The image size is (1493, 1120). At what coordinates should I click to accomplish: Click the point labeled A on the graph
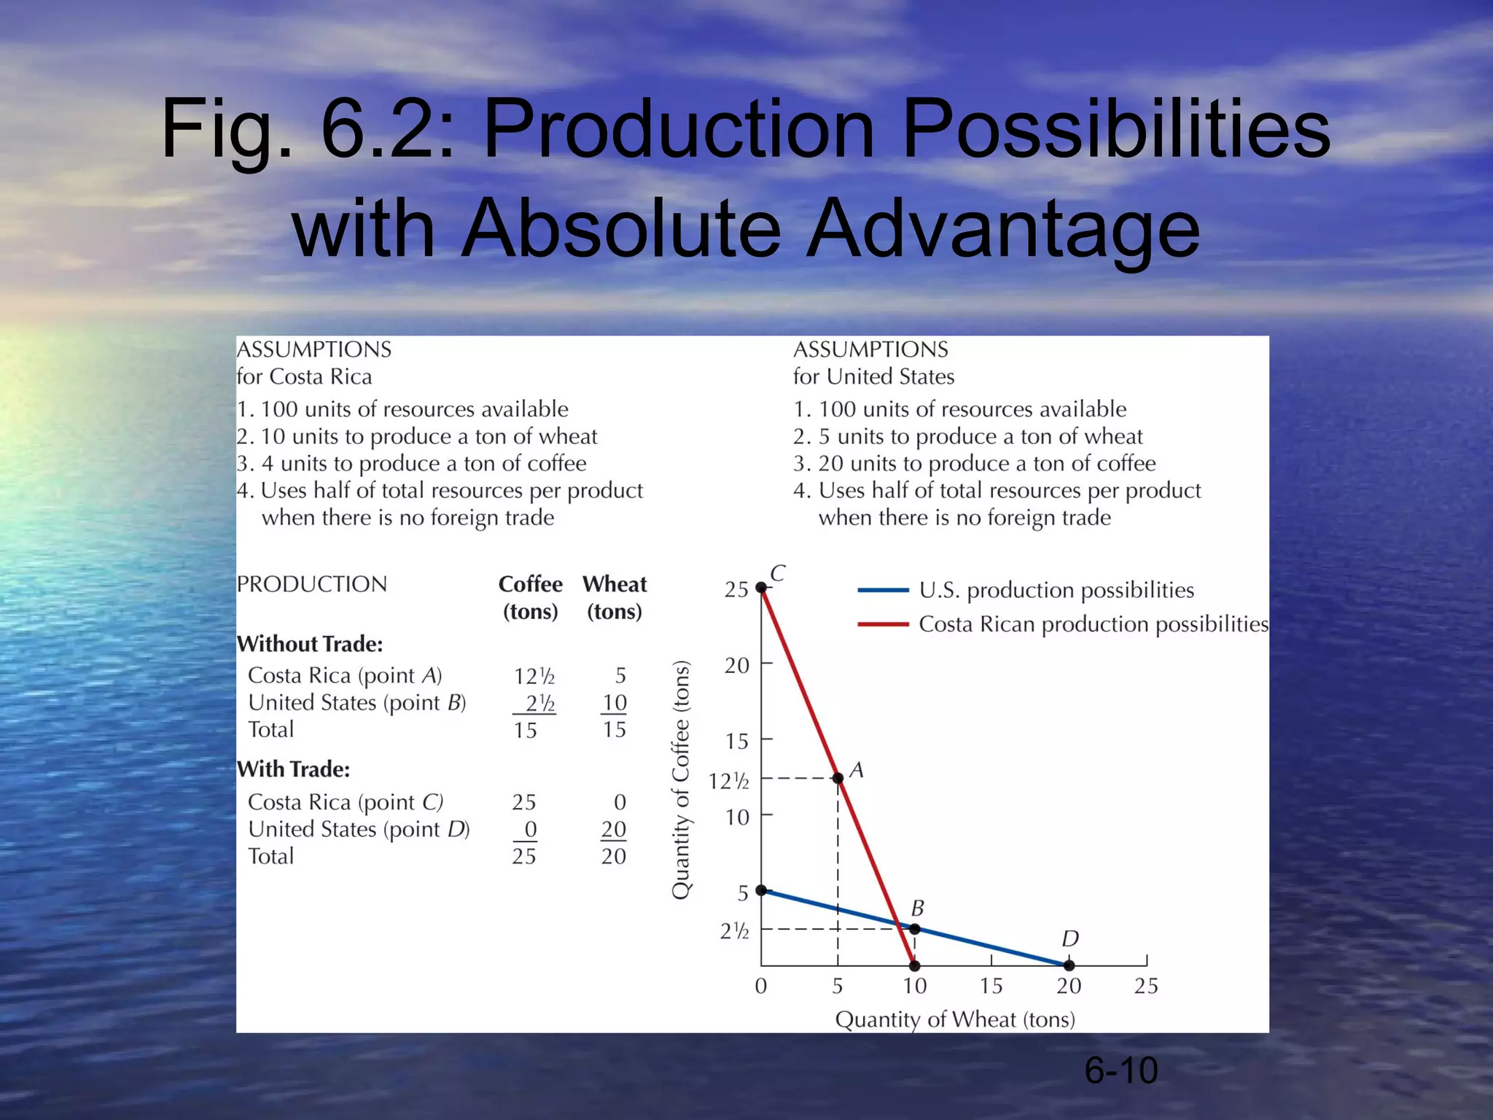point(838,778)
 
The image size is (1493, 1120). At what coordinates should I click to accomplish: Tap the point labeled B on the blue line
point(914,929)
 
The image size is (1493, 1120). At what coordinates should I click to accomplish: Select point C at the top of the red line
point(761,587)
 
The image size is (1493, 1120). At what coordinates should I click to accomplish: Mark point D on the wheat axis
point(1069,965)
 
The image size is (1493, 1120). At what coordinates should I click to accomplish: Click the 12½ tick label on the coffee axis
point(728,782)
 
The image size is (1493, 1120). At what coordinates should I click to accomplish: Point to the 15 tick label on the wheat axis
point(991,986)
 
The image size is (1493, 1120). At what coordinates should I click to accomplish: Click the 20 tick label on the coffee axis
point(736,665)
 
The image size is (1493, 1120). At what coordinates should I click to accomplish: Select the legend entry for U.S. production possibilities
point(1056,590)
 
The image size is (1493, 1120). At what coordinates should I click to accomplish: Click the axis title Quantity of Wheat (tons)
point(955,1019)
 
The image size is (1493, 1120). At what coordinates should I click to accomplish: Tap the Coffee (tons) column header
point(530,597)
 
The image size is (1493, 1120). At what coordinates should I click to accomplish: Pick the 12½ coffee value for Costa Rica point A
point(534,676)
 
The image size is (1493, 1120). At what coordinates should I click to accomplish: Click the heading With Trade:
point(293,769)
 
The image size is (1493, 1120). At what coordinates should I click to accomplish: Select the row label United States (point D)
point(359,829)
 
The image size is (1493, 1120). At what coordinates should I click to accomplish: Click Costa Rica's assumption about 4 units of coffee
point(411,464)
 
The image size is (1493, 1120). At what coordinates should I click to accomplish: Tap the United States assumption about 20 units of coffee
point(974,464)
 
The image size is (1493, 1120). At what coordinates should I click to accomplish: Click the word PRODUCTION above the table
point(312,584)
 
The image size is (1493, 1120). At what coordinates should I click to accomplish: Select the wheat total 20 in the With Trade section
point(613,856)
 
